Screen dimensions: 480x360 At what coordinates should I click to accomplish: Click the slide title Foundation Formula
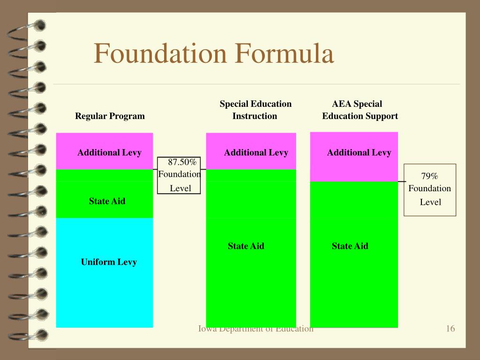[x=214, y=54]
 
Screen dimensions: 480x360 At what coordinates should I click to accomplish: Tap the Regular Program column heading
[x=110, y=116]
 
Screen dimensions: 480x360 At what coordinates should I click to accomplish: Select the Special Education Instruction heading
[x=255, y=110]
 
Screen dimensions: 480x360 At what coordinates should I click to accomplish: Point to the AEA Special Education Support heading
[x=360, y=110]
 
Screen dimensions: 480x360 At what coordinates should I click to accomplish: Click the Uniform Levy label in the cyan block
[x=109, y=262]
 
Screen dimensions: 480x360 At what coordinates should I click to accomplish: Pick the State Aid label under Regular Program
[x=107, y=201]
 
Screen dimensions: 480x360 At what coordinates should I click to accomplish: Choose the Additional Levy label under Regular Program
[x=109, y=152]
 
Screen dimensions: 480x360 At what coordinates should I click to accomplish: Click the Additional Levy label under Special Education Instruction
[x=256, y=152]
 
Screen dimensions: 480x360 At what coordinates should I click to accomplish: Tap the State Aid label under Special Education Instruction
[x=246, y=246]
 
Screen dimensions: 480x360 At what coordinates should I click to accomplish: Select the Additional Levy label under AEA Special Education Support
[x=359, y=152]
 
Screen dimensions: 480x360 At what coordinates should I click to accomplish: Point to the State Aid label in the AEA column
[x=350, y=246]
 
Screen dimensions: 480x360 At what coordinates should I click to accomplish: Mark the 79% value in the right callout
[x=429, y=176]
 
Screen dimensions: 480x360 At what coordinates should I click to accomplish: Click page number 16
[x=450, y=329]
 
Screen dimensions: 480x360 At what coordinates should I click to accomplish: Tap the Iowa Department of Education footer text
[x=255, y=329]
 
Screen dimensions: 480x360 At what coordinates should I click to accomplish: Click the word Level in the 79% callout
[x=430, y=202]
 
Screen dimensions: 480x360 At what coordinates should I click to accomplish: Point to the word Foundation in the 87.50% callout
[x=180, y=174]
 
